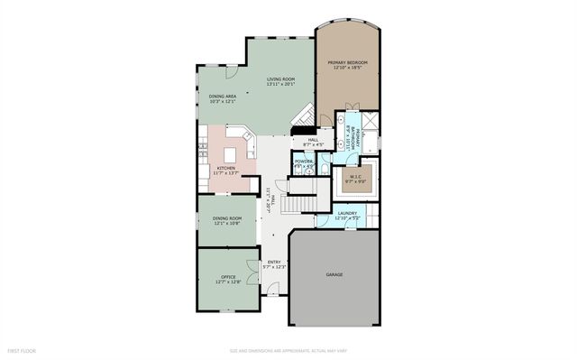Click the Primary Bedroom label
tap(347, 64)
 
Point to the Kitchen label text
tap(225, 169)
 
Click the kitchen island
tap(229, 155)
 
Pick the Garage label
tap(334, 274)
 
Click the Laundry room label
tap(347, 215)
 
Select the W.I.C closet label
tap(353, 178)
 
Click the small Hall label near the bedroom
tap(313, 142)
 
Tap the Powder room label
tap(304, 163)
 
